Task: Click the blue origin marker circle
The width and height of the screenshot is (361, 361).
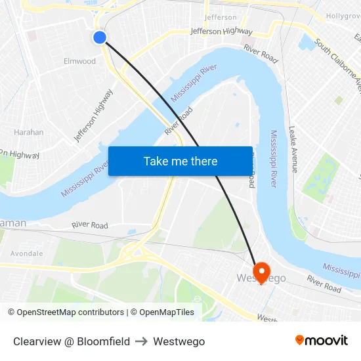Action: point(100,37)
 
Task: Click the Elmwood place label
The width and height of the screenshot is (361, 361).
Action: point(79,61)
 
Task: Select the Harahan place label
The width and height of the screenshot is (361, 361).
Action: point(29,132)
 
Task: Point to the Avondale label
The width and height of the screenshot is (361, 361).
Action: point(27,253)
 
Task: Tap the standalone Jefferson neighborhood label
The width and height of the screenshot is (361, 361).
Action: point(221,17)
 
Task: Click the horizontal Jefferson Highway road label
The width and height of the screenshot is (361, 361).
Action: point(221,31)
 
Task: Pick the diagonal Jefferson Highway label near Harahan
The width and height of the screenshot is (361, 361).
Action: point(94,116)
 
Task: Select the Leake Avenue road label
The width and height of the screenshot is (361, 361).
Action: point(293,150)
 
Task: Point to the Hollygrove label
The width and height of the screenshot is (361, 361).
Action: point(343,14)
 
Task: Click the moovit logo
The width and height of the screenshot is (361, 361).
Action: point(322,341)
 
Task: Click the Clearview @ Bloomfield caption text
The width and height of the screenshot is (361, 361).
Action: point(72,341)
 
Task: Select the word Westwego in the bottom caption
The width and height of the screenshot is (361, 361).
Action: point(179,341)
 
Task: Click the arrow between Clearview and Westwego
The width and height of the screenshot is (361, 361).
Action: point(141,341)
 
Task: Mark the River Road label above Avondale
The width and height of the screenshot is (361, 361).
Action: point(90,225)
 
